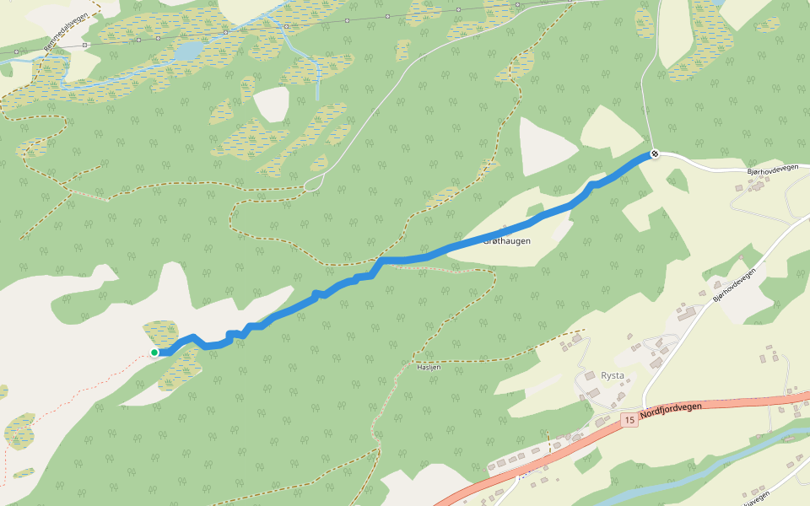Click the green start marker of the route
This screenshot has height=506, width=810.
coord(154,352)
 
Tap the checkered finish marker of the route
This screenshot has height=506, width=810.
coord(654,153)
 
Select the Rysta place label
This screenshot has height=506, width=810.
coord(613,375)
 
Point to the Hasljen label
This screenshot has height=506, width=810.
coord(429,368)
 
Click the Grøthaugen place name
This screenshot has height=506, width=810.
coord(506,241)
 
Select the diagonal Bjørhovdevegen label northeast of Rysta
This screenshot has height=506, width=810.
coord(732,285)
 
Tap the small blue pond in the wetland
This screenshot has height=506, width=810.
coord(187,51)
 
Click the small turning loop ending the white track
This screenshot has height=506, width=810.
coord(313,183)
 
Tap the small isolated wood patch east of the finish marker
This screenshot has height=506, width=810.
coord(677,180)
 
